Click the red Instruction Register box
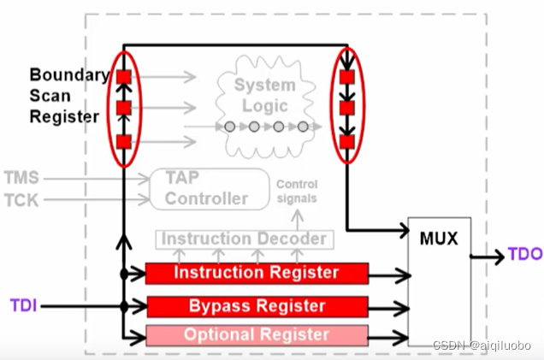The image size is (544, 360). click(257, 274)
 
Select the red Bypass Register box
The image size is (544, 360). click(257, 305)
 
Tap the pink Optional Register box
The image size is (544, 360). click(257, 334)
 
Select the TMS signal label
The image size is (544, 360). click(22, 179)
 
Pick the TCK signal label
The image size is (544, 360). click(22, 199)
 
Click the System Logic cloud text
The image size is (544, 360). click(267, 96)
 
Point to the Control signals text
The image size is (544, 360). click(297, 191)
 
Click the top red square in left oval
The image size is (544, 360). click(124, 77)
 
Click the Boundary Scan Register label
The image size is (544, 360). click(64, 96)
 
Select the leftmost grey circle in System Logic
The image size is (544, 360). click(230, 127)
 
